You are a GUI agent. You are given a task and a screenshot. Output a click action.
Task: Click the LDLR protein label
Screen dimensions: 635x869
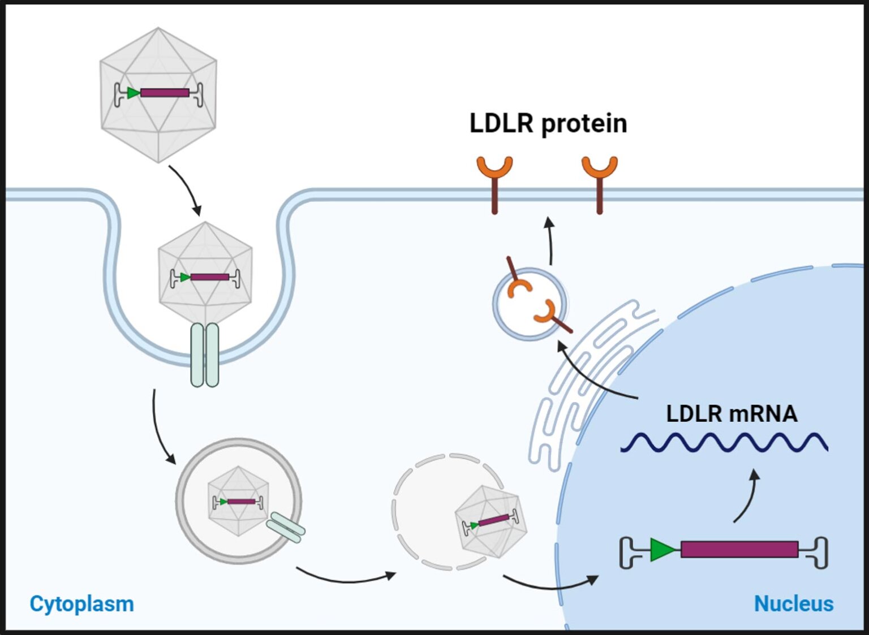(548, 124)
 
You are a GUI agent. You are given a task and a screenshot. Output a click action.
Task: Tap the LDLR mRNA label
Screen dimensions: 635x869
(732, 413)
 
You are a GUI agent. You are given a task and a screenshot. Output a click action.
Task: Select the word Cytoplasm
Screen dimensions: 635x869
(81, 604)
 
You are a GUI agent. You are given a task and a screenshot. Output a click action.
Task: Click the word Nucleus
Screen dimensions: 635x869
(793, 604)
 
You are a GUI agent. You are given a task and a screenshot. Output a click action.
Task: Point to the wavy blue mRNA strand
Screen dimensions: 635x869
(724, 443)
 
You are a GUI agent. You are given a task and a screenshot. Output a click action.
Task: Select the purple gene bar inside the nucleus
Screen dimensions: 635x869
(739, 550)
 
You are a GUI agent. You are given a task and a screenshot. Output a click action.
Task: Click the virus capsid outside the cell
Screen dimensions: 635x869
(158, 95)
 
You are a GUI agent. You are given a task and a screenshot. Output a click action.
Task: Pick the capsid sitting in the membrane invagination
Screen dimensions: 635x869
(205, 273)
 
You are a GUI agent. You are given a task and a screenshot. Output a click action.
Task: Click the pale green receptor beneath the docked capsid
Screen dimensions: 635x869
(205, 355)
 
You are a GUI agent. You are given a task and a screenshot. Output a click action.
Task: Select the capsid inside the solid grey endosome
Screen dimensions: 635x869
(238, 501)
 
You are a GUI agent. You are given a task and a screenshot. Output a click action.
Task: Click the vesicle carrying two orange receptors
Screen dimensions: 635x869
(530, 304)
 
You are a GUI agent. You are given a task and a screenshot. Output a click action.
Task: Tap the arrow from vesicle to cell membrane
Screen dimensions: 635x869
(549, 240)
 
